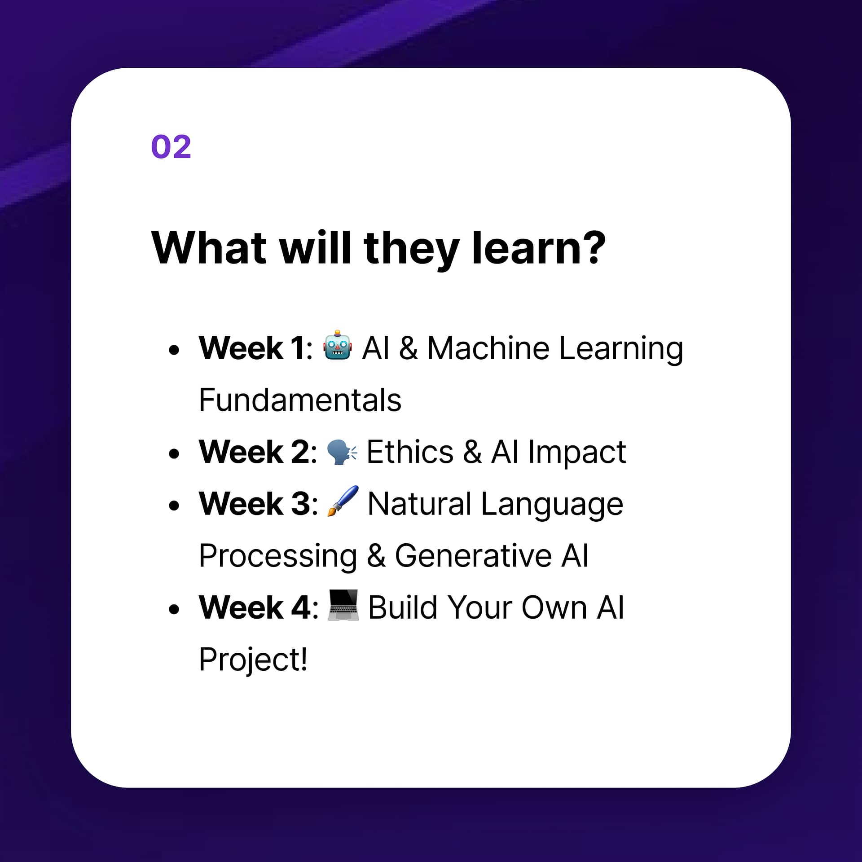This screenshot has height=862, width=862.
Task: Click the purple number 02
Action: tap(171, 147)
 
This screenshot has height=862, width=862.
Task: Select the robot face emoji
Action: tap(337, 346)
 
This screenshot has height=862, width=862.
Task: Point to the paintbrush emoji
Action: tap(343, 501)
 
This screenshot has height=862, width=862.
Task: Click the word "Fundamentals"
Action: tap(300, 400)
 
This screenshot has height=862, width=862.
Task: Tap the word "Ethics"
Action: tap(410, 452)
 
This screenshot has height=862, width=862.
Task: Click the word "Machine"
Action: tap(488, 348)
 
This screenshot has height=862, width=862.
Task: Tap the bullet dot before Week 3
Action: tap(174, 506)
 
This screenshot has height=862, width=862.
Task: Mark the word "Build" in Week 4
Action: tap(403, 607)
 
